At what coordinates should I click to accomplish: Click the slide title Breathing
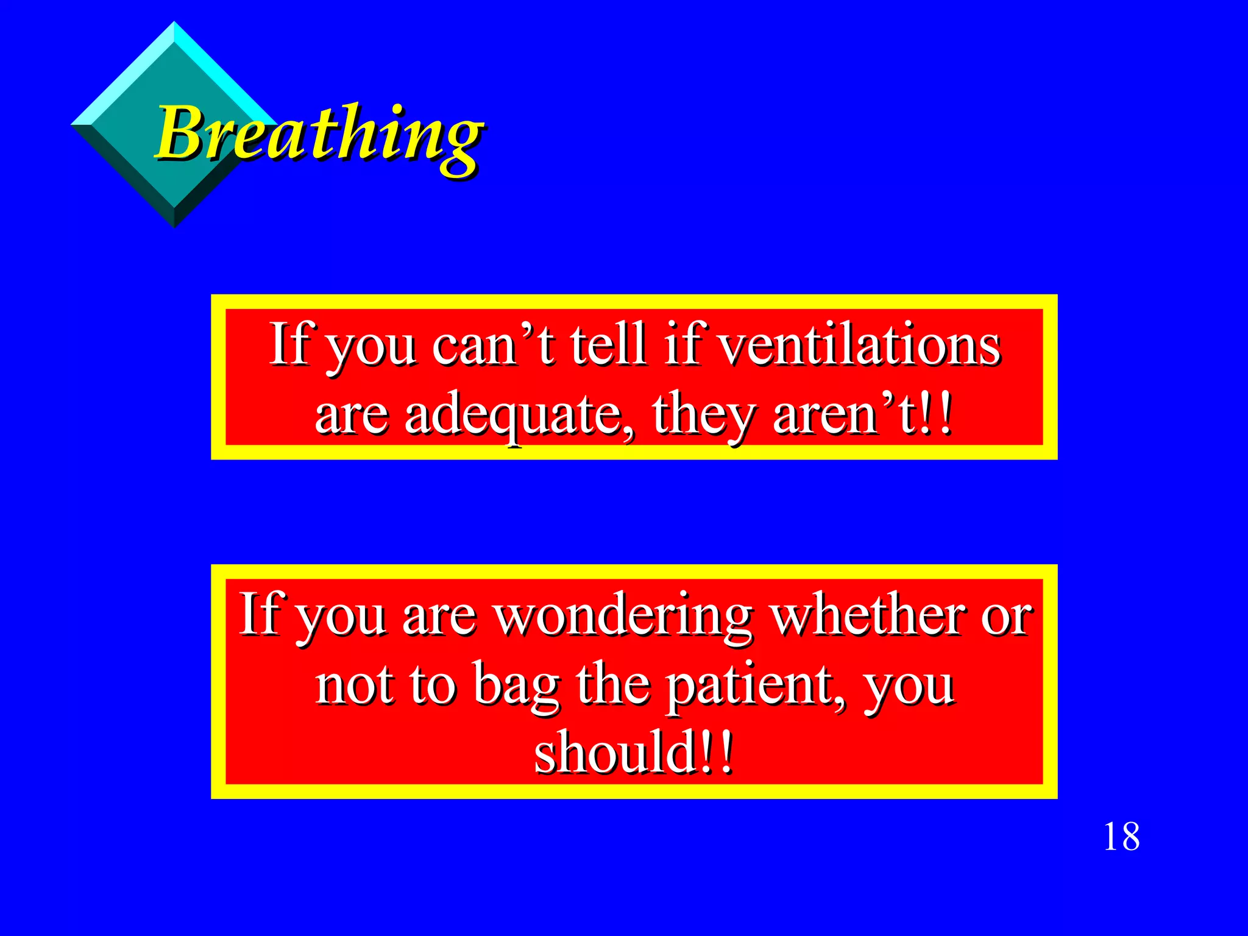(x=320, y=134)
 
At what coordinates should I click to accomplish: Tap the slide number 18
(x=1121, y=837)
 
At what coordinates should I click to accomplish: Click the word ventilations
(x=859, y=345)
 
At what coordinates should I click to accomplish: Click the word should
(x=615, y=753)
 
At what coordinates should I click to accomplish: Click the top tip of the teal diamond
(x=174, y=23)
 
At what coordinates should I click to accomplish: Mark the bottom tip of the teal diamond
(x=174, y=227)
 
